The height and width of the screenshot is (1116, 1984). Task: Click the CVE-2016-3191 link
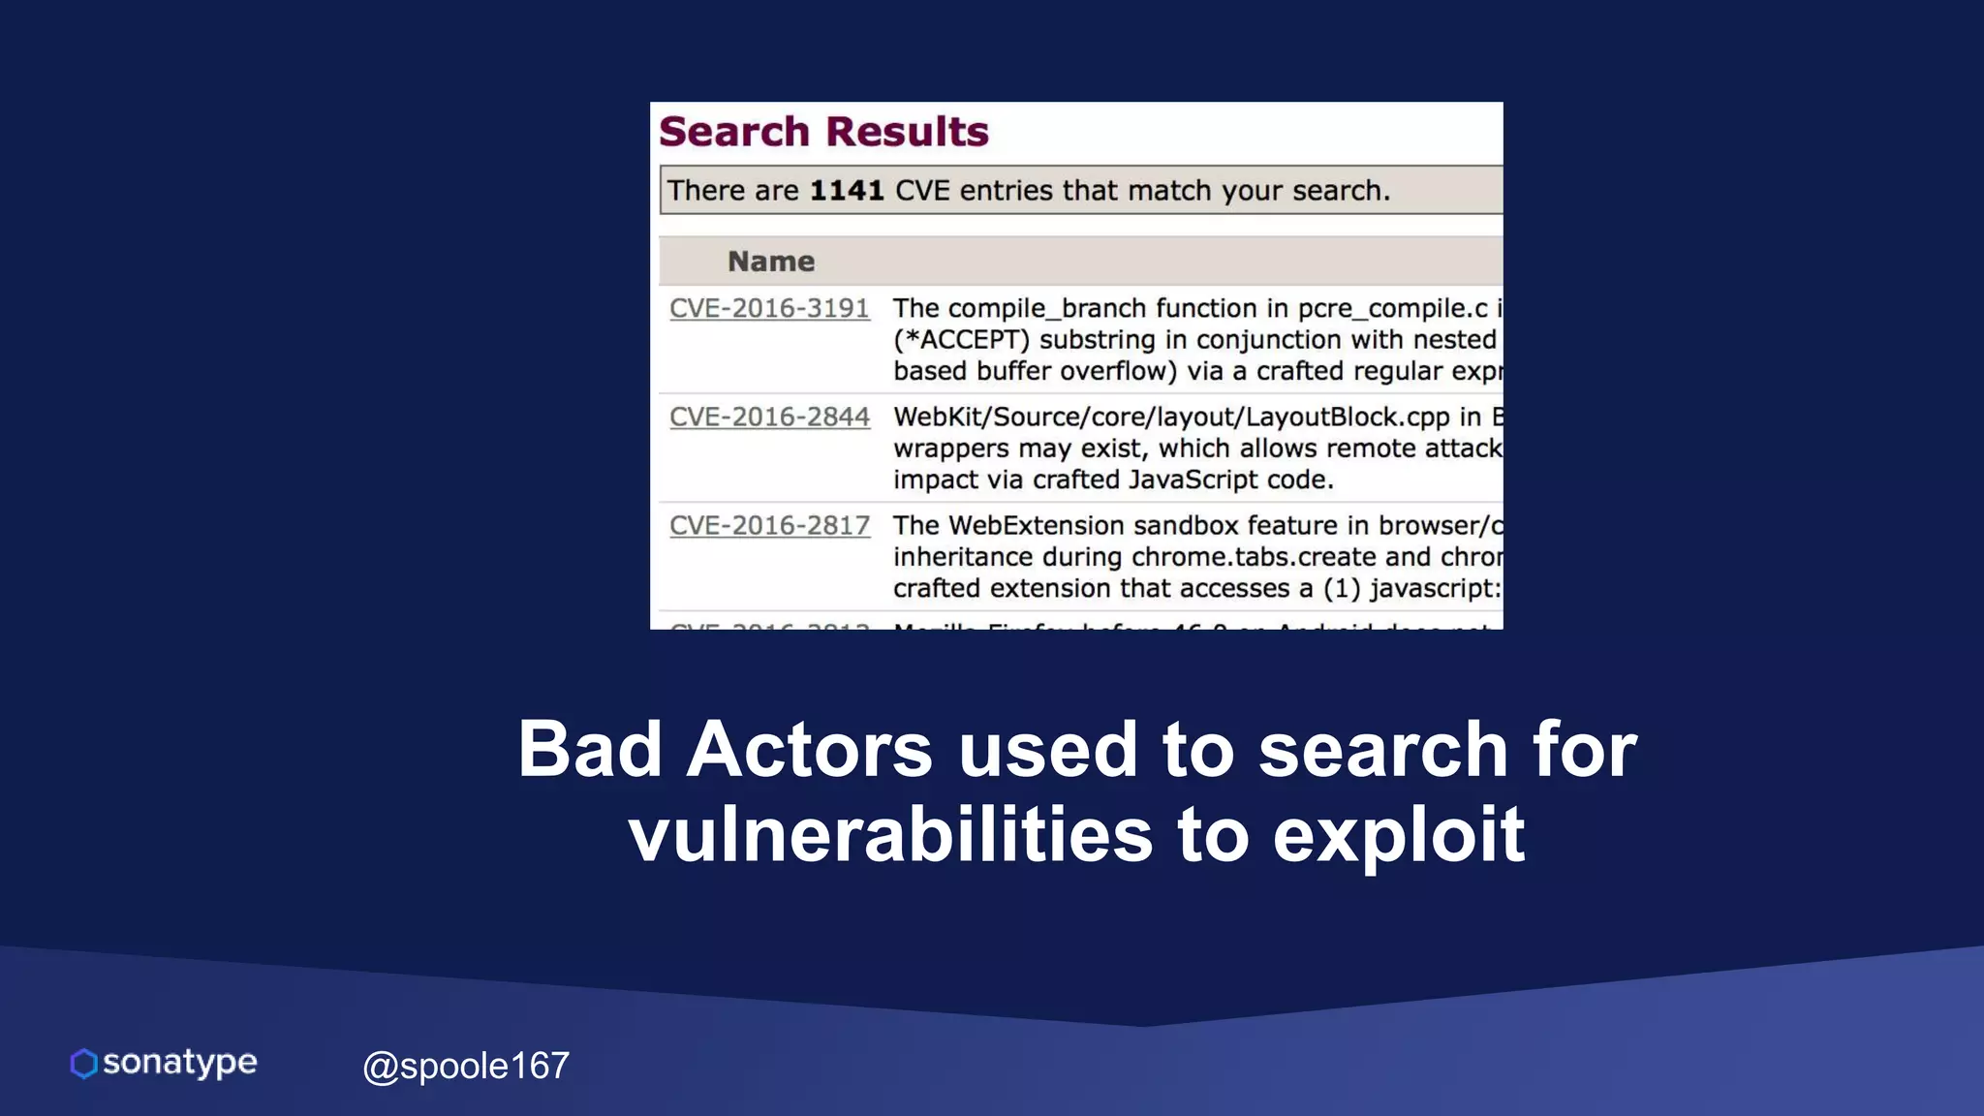[x=769, y=308]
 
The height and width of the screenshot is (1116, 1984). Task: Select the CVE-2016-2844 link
[x=769, y=417]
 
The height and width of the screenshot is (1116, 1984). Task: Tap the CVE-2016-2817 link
[x=769, y=525]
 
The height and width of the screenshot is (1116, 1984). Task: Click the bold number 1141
[x=847, y=190]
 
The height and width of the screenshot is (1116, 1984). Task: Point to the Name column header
[x=771, y=261]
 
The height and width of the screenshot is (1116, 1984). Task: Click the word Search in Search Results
[x=734, y=132]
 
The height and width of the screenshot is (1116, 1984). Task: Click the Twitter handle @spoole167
[x=466, y=1066]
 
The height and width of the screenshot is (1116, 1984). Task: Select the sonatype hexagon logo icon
[x=84, y=1063]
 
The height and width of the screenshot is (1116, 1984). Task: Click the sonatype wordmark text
[x=180, y=1063]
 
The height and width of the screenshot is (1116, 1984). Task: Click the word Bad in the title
[x=589, y=750]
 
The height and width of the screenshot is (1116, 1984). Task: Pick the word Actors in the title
[x=809, y=750]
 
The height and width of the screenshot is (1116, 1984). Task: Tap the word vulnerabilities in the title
[x=890, y=835]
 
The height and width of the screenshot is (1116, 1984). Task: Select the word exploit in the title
[x=1398, y=835]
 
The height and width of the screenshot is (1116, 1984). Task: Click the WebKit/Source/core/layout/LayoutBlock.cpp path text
[x=1171, y=417]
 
